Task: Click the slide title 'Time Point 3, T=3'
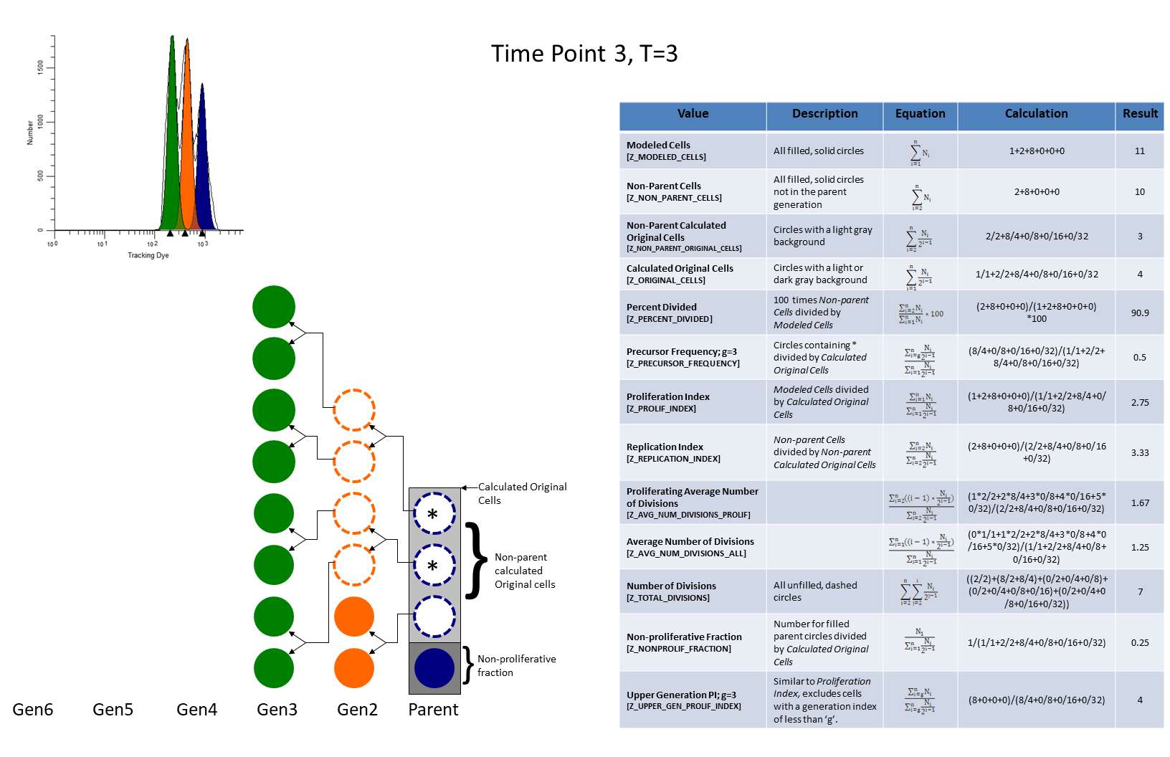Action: click(x=584, y=54)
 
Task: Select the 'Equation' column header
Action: click(x=920, y=114)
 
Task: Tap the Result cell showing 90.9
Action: click(x=1139, y=313)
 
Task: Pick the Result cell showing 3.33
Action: click(x=1139, y=453)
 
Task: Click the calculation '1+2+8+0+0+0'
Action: click(x=1036, y=151)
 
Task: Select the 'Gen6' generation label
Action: click(x=33, y=710)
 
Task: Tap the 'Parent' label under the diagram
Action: click(x=433, y=710)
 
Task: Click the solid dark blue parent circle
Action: click(x=434, y=668)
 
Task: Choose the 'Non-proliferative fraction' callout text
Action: click(x=516, y=665)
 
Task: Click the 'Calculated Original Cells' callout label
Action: click(x=522, y=493)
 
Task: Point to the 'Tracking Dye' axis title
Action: click(x=148, y=255)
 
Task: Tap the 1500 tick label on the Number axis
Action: click(x=40, y=66)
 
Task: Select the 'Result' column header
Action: click(x=1140, y=114)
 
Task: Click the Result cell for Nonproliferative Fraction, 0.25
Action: click(x=1139, y=643)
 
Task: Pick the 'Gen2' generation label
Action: click(x=357, y=710)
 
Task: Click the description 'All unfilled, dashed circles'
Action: click(x=815, y=591)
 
